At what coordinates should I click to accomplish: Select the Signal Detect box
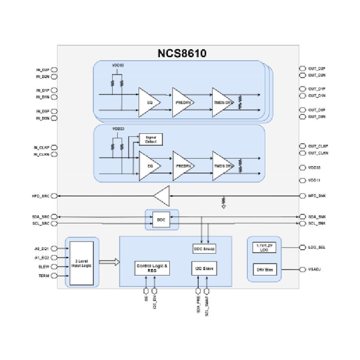(x=151, y=140)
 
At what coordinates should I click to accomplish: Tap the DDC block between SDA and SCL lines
(x=161, y=220)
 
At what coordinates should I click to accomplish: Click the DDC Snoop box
(x=204, y=249)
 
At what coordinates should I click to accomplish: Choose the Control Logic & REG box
(x=152, y=268)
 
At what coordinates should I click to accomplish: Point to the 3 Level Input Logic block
(x=82, y=263)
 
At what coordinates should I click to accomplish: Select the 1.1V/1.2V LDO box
(x=264, y=248)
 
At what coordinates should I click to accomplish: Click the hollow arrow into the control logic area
(x=109, y=263)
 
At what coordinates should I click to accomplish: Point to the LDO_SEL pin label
(x=316, y=248)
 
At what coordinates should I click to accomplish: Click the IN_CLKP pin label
(x=41, y=148)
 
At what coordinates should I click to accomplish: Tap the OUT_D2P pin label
(x=316, y=69)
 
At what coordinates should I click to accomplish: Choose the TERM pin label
(x=44, y=276)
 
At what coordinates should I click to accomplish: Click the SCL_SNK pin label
(x=316, y=223)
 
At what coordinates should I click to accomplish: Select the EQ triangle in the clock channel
(x=149, y=166)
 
